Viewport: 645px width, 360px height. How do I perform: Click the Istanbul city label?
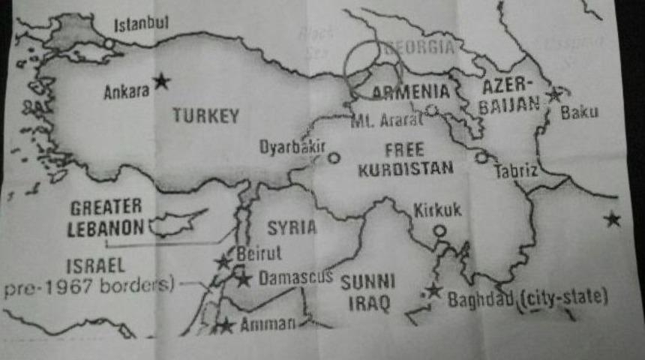[141, 25]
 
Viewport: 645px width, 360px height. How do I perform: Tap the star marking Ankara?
[161, 81]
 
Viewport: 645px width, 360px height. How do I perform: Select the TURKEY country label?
[205, 115]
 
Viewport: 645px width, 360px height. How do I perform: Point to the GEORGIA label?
[418, 49]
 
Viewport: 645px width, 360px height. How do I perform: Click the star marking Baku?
[553, 94]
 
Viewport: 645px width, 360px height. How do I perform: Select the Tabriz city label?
[516, 171]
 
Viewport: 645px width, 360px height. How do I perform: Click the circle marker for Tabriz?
[481, 157]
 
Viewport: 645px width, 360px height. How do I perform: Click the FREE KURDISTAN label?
[406, 157]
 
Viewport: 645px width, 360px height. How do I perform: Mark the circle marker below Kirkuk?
[439, 231]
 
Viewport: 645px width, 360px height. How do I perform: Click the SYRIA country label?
[291, 227]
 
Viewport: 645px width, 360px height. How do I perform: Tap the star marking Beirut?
[223, 262]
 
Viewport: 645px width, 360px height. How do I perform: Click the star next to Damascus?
[243, 280]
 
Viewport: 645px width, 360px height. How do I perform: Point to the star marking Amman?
[224, 325]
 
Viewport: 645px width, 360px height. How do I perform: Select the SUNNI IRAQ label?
[367, 293]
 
